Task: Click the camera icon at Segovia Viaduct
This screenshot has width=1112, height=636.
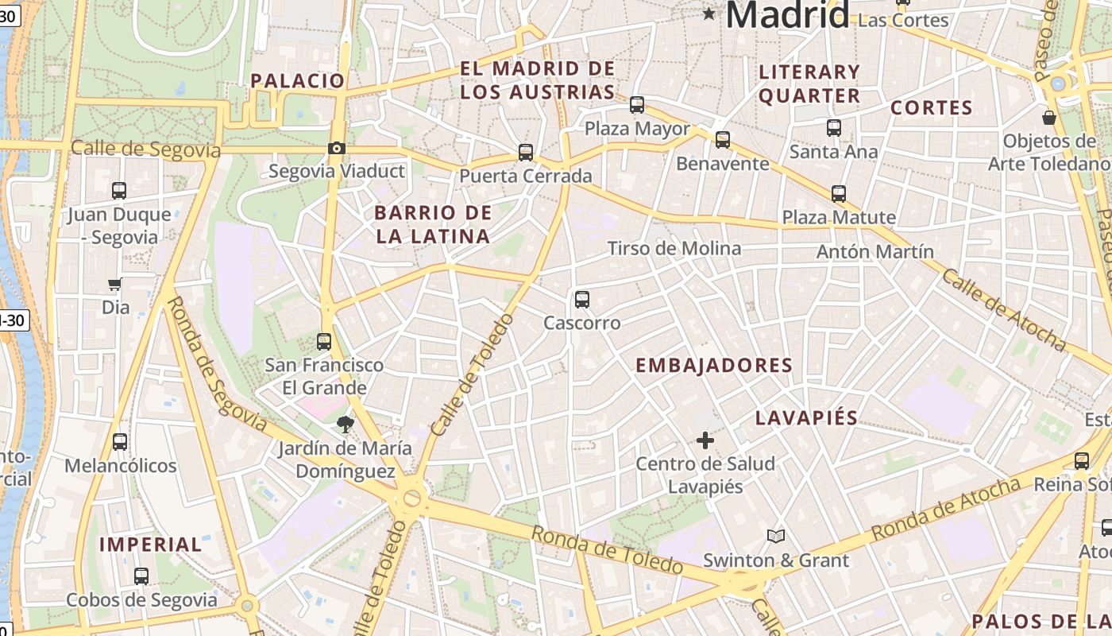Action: coord(337,148)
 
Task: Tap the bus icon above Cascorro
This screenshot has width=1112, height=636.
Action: coord(582,300)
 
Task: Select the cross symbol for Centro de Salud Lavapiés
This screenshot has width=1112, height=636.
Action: coord(705,440)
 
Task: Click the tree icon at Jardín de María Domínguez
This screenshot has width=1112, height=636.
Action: coord(345,425)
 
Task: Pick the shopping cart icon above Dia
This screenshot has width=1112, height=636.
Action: coord(115,284)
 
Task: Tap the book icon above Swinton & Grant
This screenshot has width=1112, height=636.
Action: coord(776,537)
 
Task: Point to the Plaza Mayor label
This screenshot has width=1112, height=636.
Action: coord(637,128)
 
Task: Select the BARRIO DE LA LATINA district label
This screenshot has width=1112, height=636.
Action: coord(433,224)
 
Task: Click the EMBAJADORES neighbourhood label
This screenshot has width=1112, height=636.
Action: coord(714,365)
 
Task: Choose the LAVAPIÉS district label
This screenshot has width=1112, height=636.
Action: coord(806,418)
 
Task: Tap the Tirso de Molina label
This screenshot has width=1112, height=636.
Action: coord(674,249)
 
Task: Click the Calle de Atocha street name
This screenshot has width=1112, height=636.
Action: coord(1003,310)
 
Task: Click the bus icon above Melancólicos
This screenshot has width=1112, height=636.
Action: coord(120,441)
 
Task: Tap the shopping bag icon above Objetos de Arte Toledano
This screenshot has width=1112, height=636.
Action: coord(1049,118)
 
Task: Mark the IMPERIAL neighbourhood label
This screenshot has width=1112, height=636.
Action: coord(151,545)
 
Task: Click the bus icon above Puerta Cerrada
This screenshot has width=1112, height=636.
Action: coord(525,153)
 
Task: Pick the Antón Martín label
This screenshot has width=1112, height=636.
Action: coord(875,252)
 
